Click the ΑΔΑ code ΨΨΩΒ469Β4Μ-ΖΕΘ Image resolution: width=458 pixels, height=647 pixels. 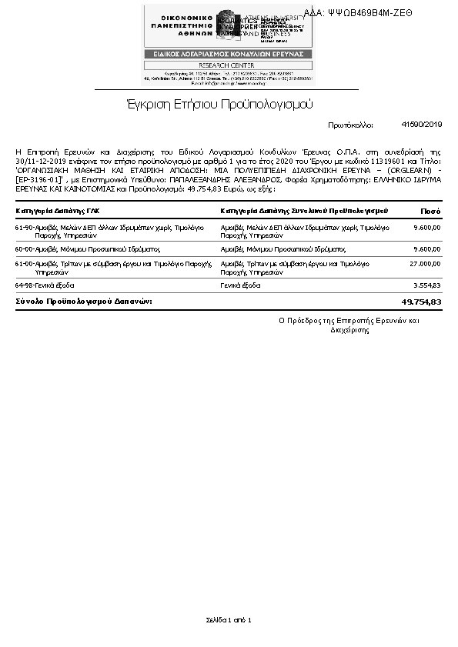click(369, 12)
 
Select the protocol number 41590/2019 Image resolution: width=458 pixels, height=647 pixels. click(422, 124)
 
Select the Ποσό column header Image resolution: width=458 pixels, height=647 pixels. click(430, 211)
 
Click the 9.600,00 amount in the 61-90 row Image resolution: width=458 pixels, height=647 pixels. click(426, 228)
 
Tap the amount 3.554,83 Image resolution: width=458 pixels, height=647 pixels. click(426, 285)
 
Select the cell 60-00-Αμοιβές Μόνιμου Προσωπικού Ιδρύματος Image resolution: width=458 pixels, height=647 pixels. click(87, 250)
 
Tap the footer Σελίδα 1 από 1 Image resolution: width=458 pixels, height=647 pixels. click(229, 619)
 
